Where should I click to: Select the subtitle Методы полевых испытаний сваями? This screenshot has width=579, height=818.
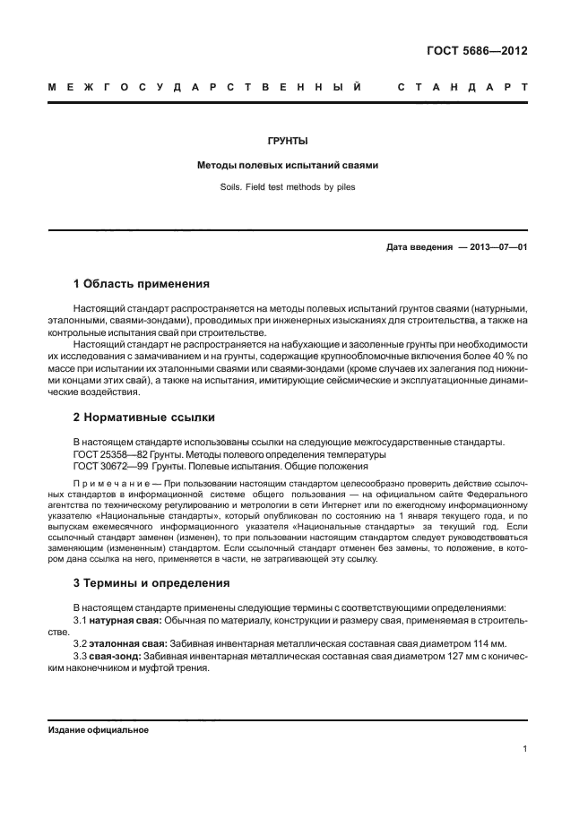(x=289, y=166)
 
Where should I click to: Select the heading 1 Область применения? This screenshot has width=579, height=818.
(x=141, y=285)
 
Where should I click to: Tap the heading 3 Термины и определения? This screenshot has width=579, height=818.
(x=151, y=582)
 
